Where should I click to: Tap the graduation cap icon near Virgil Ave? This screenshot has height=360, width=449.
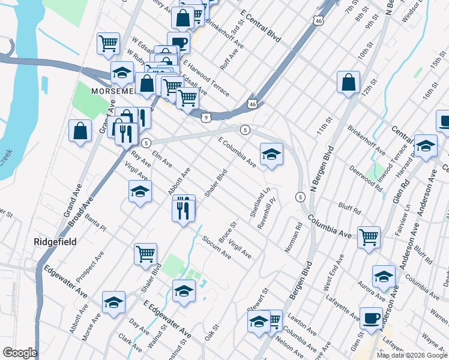pyautogui.click(x=140, y=191)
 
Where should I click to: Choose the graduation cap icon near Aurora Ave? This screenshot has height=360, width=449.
pyautogui.click(x=384, y=277)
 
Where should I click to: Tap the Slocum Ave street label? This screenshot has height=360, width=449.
pyautogui.click(x=217, y=247)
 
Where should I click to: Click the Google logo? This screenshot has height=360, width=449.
pyautogui.click(x=20, y=353)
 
